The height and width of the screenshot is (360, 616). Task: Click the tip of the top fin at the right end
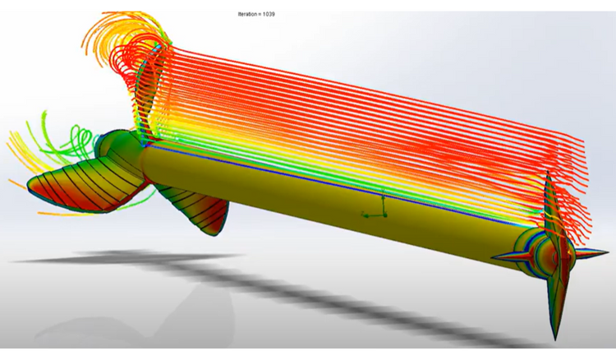(548, 175)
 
